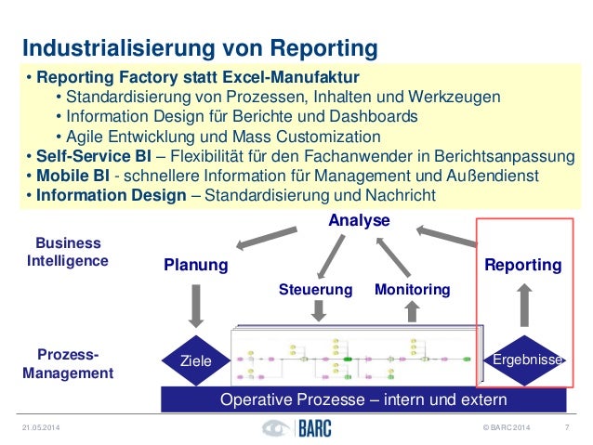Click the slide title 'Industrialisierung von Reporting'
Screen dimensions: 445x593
[x=200, y=46]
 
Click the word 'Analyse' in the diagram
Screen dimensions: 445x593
[x=360, y=220]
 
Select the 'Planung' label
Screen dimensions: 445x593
[x=196, y=266]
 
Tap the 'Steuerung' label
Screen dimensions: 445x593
[x=316, y=290]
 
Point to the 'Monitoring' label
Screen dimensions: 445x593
[x=412, y=290]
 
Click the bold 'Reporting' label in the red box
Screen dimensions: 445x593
[x=523, y=266]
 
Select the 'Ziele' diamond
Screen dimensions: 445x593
[x=196, y=360]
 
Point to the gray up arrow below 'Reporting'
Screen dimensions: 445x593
[x=525, y=304]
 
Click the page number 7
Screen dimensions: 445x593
[x=567, y=429]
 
